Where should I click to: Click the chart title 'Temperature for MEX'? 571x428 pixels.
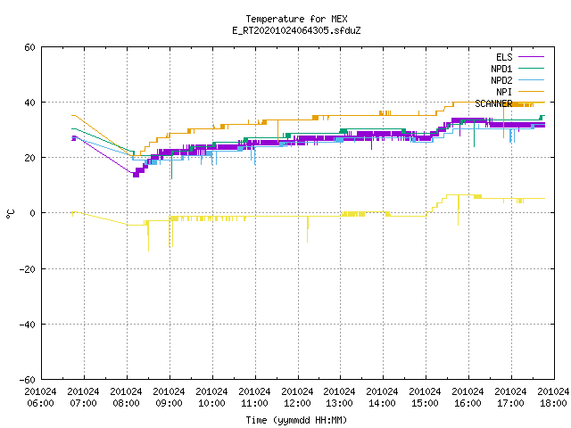296,19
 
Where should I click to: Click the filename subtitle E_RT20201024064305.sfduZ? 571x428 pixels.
296,30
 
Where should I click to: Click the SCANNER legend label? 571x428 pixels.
493,103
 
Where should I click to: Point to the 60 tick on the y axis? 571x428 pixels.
29,47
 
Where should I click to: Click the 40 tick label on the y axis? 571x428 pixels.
29,103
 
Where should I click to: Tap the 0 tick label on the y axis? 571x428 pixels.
33,213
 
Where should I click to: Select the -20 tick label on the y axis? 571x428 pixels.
28,269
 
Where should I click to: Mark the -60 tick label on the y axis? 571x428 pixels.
28,380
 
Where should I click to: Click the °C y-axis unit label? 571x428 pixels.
10,214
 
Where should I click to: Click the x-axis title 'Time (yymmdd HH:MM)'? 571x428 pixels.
296,420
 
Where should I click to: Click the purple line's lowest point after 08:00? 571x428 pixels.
136,176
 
